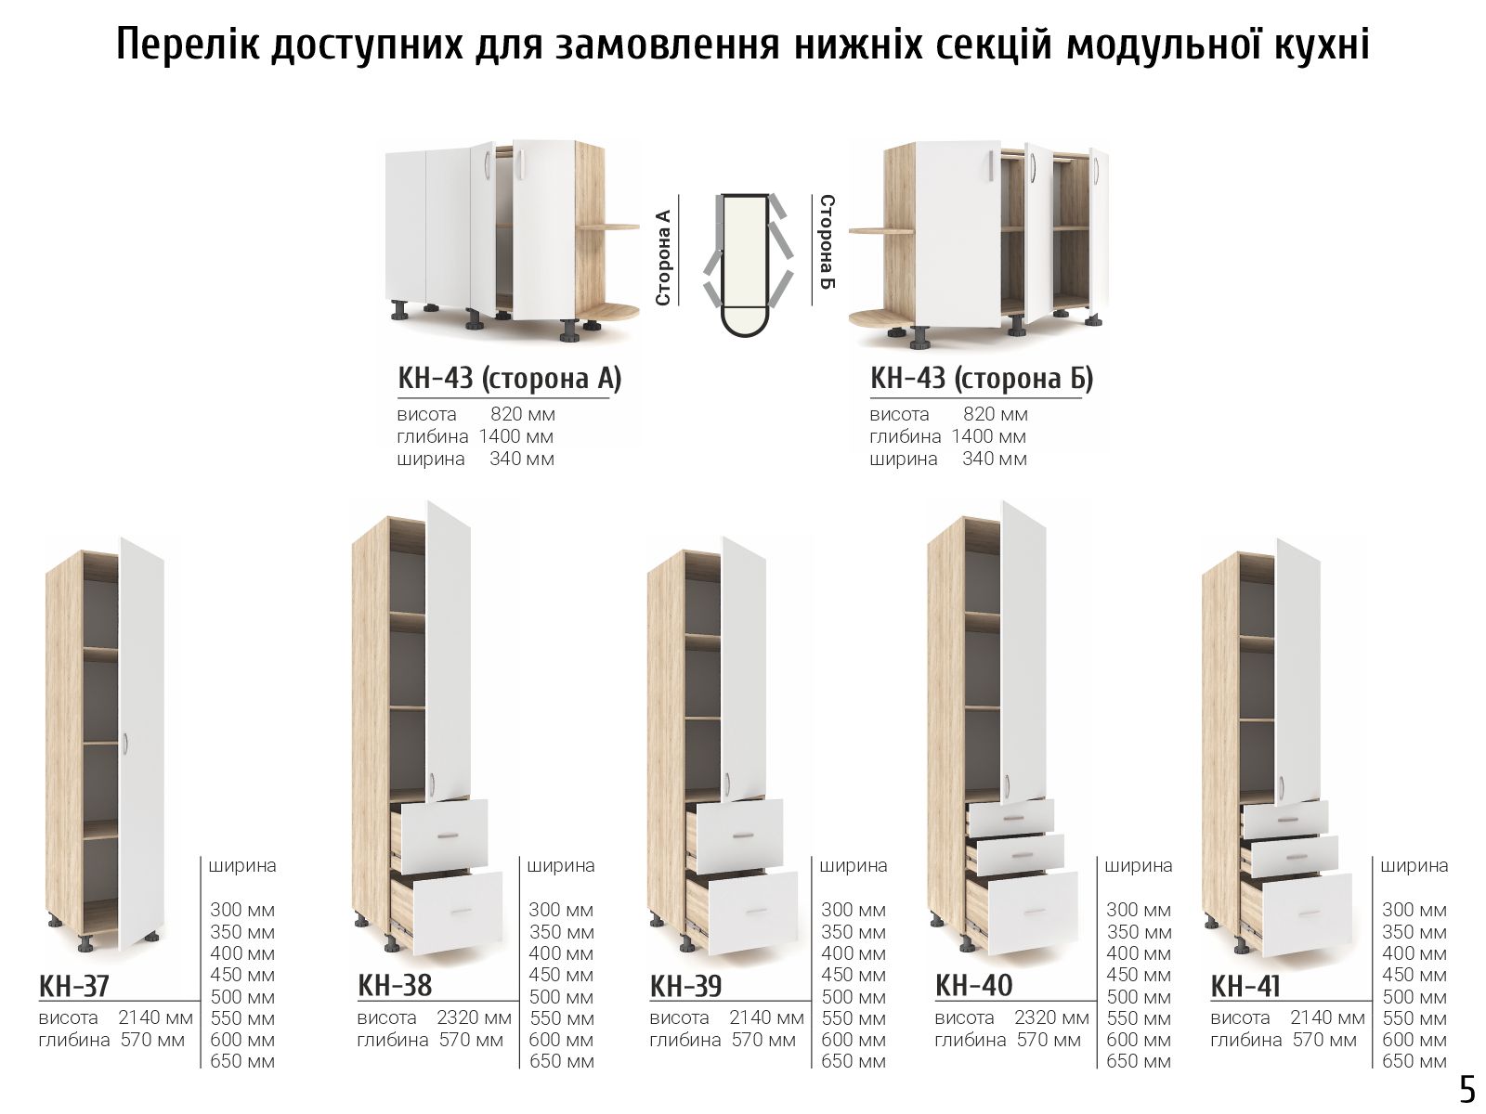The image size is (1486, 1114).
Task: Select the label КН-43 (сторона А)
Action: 509,378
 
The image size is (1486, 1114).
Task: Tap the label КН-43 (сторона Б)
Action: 982,378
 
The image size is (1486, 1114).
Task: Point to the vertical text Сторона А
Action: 663,257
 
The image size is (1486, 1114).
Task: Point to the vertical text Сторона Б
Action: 828,241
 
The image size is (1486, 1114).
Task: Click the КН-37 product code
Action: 73,986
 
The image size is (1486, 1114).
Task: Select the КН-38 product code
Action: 395,986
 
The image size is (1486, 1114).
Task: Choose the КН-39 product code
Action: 685,986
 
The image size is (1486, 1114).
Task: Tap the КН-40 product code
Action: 973,986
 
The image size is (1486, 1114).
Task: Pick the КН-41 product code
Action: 1245,986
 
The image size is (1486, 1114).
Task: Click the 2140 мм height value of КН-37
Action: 156,1017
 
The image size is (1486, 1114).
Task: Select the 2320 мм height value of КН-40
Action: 1051,1017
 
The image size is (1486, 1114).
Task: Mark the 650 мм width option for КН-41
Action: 1414,1061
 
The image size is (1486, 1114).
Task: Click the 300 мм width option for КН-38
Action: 561,910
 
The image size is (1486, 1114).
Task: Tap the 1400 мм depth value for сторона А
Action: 515,436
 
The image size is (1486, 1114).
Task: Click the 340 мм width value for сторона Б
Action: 995,459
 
